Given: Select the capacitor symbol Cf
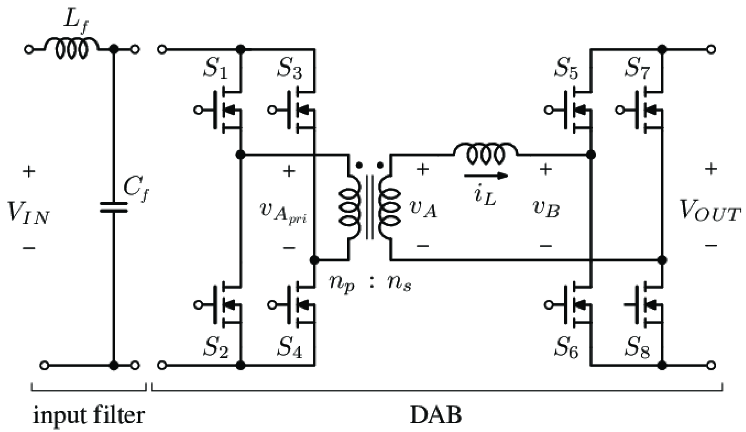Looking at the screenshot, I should pos(113,207).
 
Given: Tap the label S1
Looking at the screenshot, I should pos(215,69).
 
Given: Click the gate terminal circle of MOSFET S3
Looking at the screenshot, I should pos(271,110).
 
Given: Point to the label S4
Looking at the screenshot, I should pos(289,349).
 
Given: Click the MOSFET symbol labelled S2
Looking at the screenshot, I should pos(225,305).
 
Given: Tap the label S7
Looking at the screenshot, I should pos(636,69).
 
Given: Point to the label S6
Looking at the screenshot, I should pos(566,349).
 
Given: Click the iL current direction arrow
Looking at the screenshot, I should pos(486,176).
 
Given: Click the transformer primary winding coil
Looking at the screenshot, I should pos(350,207).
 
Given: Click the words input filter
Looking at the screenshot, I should pos(89,416).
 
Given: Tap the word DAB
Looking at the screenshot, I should pos(435,416).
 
